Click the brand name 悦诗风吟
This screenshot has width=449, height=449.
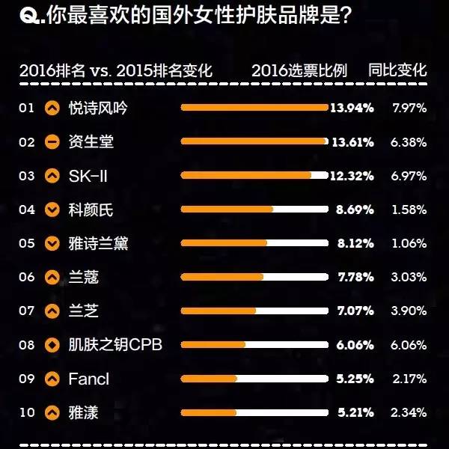[x=97, y=109]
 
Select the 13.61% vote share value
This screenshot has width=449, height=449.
[x=352, y=142]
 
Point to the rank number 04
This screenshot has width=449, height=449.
[x=27, y=210]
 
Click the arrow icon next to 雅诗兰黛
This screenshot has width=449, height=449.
[x=52, y=243]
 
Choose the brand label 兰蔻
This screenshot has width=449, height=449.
[x=83, y=277]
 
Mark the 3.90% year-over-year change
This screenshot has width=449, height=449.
[x=409, y=311]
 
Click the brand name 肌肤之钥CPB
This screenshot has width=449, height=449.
[x=114, y=344]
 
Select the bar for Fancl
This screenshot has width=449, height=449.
[x=209, y=379]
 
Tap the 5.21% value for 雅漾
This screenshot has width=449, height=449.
[x=355, y=412]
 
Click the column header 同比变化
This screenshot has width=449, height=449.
[x=397, y=71]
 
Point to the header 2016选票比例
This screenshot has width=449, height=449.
[x=299, y=71]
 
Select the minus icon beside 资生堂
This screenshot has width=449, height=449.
[x=52, y=142]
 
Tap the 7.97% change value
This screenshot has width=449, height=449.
[x=409, y=109]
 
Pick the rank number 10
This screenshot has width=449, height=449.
[x=27, y=412]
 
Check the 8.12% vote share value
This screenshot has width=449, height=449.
[x=355, y=243]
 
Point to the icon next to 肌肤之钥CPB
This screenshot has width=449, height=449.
[x=52, y=344]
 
